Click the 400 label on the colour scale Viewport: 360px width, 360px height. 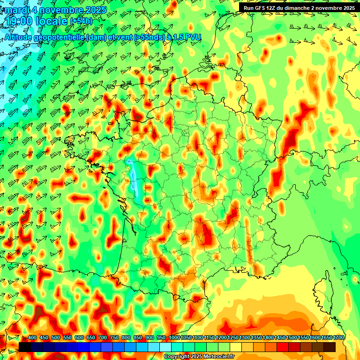click(32, 338)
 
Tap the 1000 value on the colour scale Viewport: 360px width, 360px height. click(174, 338)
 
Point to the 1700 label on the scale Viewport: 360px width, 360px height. click(338, 338)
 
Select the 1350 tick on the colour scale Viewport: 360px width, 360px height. click(256, 338)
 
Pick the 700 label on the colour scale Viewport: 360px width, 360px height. click(103, 338)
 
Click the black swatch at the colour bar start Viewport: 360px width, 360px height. click(25, 347)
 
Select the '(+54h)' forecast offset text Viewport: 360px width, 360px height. click(81, 21)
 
